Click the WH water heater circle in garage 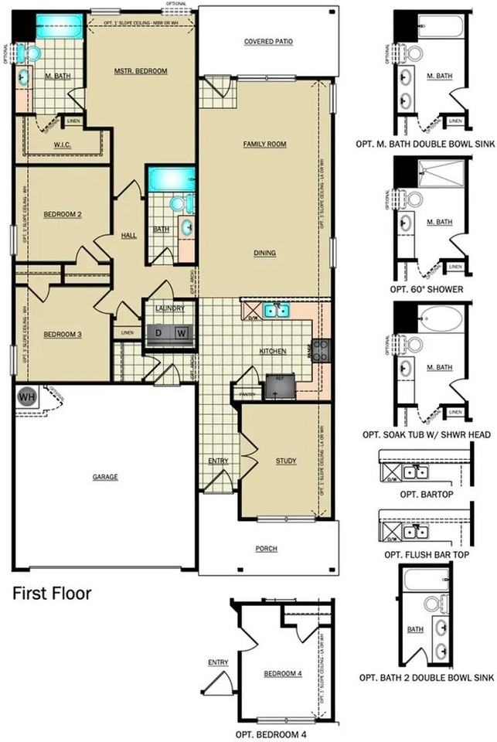click(27, 397)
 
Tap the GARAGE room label click(105, 477)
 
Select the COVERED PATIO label click(267, 42)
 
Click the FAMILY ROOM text click(264, 145)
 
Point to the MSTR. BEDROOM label click(141, 71)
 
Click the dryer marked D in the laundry click(158, 333)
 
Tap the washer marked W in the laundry click(181, 333)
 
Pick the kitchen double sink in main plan click(276, 311)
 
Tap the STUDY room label click(286, 461)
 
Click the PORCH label click(267, 549)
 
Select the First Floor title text click(53, 594)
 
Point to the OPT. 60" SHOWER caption click(426, 289)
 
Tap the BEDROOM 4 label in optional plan click(282, 674)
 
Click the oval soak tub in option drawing click(441, 316)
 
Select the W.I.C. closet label click(63, 145)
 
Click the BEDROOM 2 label click(62, 214)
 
